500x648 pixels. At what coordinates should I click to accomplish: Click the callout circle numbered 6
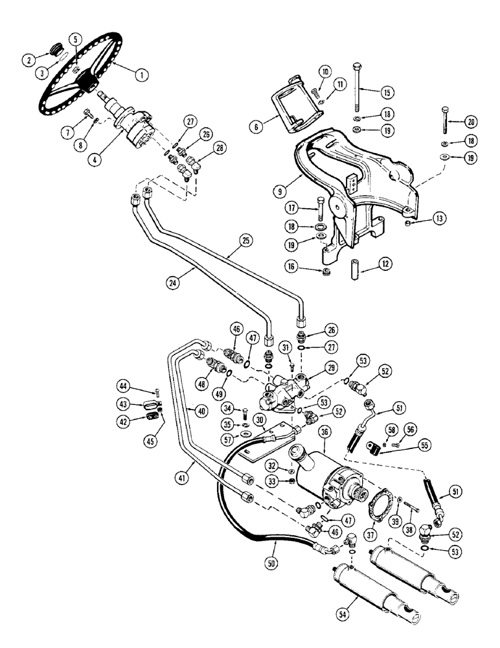[258, 128]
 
